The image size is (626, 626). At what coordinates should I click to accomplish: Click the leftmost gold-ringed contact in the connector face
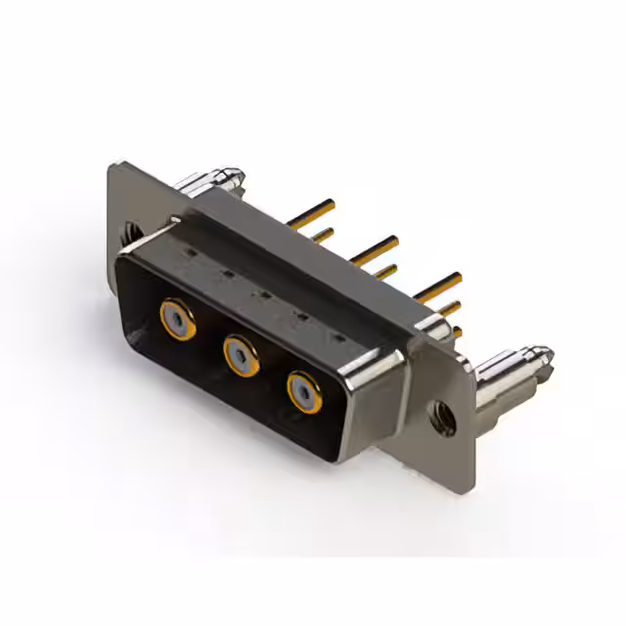(x=177, y=318)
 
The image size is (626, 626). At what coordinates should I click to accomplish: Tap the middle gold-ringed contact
(x=241, y=355)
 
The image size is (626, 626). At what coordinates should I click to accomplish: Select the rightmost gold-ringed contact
(x=304, y=392)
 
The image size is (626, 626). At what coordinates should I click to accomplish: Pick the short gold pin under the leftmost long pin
(x=323, y=235)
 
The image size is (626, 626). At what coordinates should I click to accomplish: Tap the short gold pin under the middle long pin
(x=386, y=271)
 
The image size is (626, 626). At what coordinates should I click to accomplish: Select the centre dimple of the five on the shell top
(x=261, y=292)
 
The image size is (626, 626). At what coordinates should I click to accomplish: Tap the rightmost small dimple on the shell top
(x=337, y=335)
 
